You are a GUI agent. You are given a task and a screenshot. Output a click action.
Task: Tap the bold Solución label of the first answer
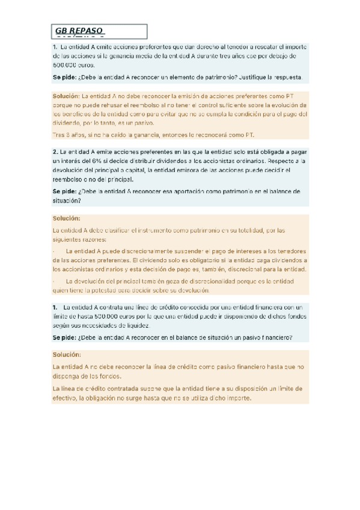click(66, 96)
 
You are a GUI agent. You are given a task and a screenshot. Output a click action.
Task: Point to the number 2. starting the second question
click(55, 153)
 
